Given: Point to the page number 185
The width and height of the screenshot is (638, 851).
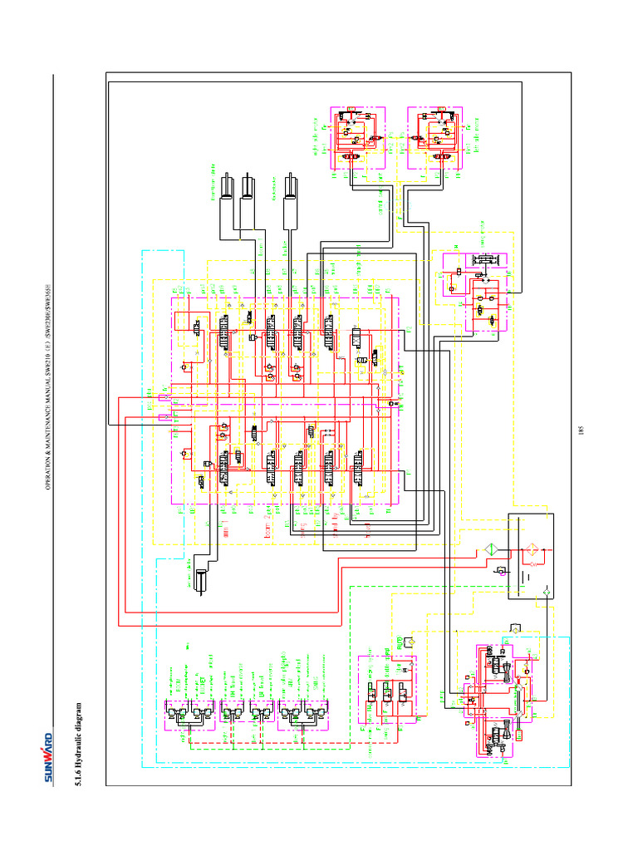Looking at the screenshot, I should pos(582,430).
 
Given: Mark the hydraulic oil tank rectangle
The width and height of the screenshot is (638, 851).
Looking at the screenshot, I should pos(529,555).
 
